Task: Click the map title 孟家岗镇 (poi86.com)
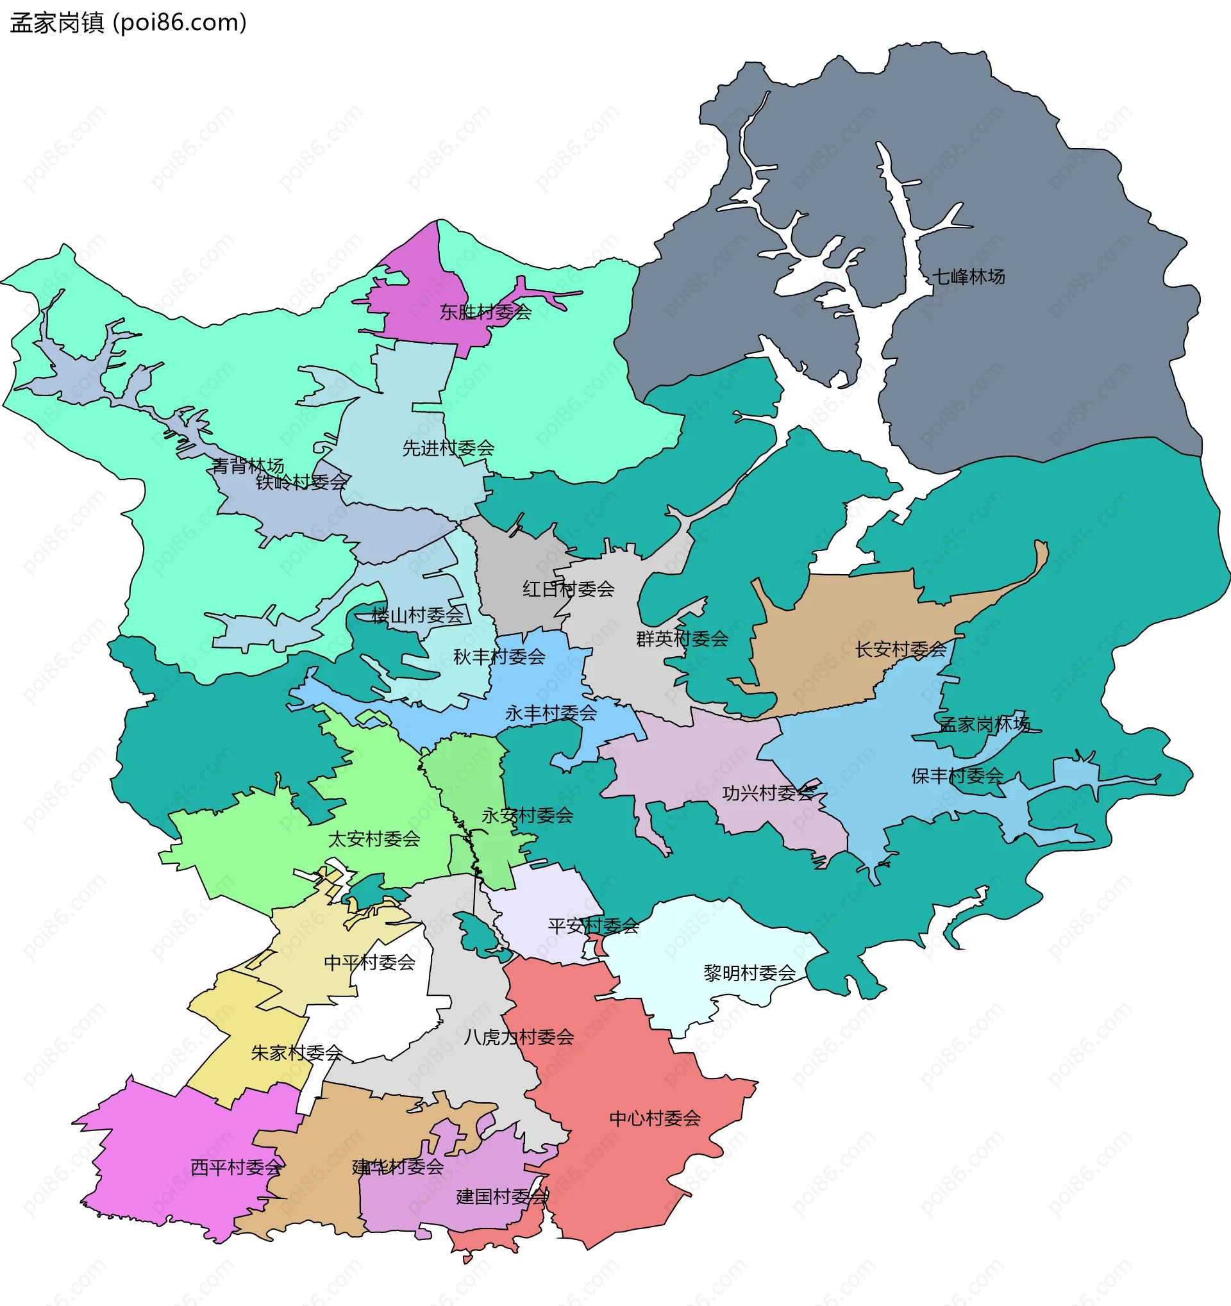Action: pos(128,23)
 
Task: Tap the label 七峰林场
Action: pos(968,277)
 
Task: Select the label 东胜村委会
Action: pos(485,312)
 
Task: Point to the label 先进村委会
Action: pos(448,448)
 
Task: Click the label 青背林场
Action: pos(247,466)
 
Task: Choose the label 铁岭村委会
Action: pos(301,482)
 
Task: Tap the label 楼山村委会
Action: pos(417,616)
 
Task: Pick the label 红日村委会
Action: pos(568,590)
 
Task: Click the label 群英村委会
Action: pos(682,638)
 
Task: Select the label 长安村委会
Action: pos(900,650)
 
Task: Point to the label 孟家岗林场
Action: pos(984,725)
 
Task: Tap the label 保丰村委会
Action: pos(957,776)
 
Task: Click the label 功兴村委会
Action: pos(767,793)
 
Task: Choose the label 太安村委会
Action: pos(373,839)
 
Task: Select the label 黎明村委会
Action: pos(749,973)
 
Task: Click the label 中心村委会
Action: pos(655,1118)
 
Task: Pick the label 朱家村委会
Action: pos(296,1053)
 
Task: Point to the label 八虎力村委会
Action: pos(518,1037)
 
